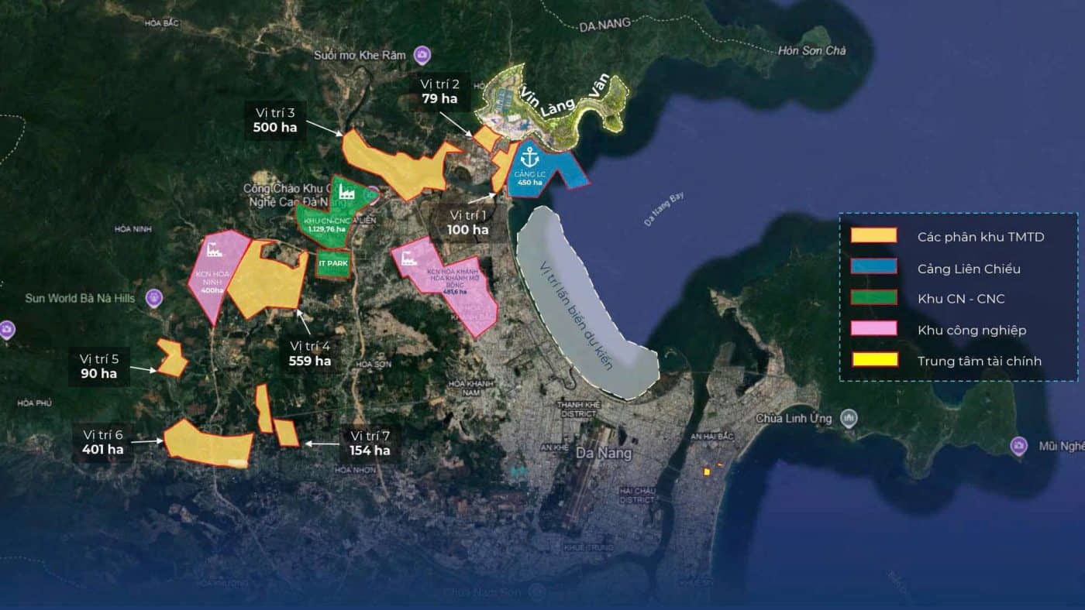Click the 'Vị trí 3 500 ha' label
click(275, 120)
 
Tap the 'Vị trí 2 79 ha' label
click(439, 91)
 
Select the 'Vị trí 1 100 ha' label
click(468, 222)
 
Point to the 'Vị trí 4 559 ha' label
click(310, 353)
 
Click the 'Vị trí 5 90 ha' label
click(99, 366)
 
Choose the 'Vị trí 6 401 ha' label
click(103, 442)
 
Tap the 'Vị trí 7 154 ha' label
click(370, 443)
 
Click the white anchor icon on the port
click(530, 155)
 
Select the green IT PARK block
click(333, 264)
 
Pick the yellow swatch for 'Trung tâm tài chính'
click(874, 360)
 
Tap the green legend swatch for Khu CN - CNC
click(874, 298)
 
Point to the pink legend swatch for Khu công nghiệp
click(874, 329)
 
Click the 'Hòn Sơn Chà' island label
click(811, 51)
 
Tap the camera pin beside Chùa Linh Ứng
click(849, 418)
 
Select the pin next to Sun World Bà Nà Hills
click(153, 297)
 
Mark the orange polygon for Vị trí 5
click(171, 358)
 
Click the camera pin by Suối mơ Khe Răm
click(422, 55)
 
